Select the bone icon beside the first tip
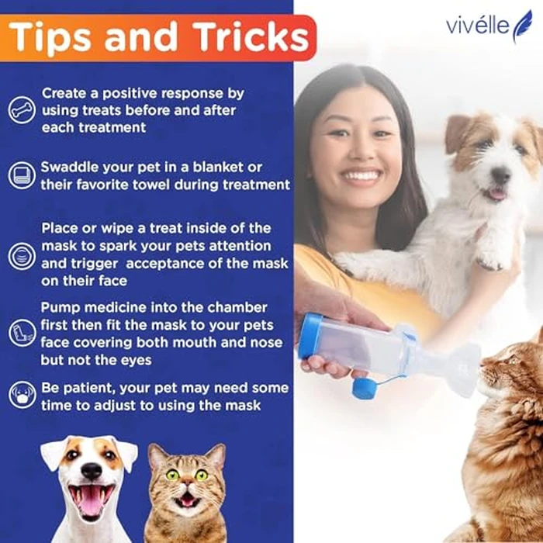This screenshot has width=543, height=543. pos(22,109)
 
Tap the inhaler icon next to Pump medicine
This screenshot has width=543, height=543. pos(22,334)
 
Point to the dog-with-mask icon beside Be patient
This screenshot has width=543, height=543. pos(22,396)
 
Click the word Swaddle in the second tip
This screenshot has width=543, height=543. pos(71,168)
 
